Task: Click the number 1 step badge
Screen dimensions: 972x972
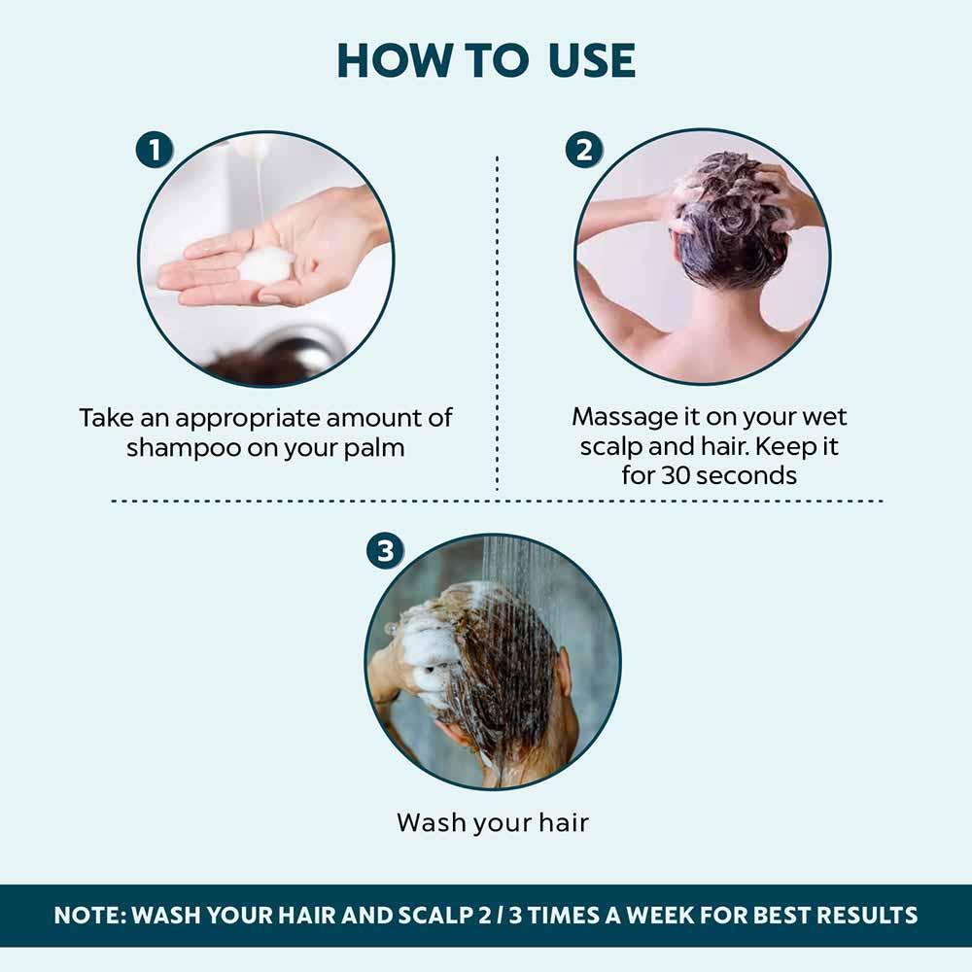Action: click(155, 151)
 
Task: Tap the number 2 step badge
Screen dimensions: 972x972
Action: click(584, 151)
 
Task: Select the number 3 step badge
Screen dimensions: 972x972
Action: click(385, 552)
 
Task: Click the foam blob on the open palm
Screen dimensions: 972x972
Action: click(265, 263)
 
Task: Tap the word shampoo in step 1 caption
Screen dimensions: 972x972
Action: click(178, 449)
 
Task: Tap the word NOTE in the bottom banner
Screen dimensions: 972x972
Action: click(88, 915)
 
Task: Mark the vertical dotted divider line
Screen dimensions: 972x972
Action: click(498, 321)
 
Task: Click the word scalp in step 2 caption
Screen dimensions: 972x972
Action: click(615, 447)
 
